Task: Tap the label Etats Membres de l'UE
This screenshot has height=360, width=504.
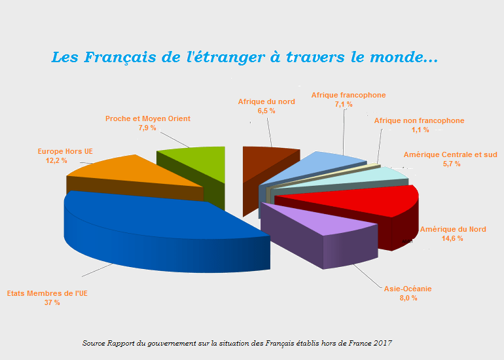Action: click(47, 293)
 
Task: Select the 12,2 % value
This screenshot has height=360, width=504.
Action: click(56, 161)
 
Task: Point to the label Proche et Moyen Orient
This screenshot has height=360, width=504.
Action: click(148, 118)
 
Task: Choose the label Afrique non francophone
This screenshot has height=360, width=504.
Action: click(420, 120)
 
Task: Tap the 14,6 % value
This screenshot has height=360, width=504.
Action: click(452, 239)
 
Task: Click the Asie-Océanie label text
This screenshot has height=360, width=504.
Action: click(408, 289)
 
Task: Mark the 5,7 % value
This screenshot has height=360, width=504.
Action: click(451, 164)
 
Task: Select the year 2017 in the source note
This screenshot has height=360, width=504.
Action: click(382, 343)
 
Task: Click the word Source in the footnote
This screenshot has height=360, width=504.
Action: click(96, 343)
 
